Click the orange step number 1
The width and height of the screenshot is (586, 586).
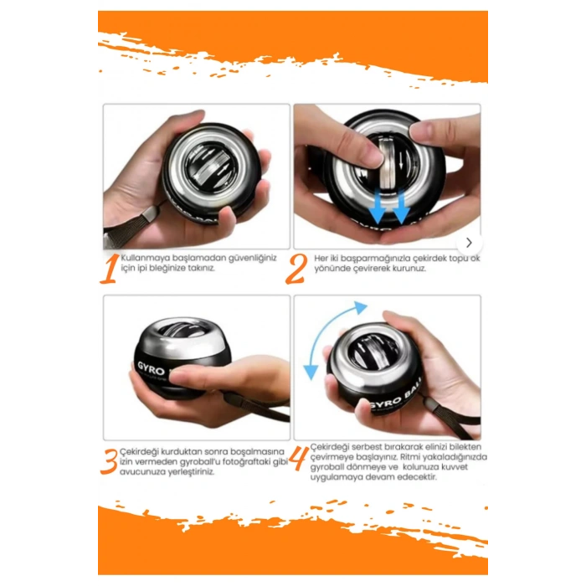click(110, 269)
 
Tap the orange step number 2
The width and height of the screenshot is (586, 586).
click(296, 269)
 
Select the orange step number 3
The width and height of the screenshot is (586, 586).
click(109, 462)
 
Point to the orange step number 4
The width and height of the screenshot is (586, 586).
click(299, 458)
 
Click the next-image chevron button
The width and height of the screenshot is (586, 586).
click(469, 243)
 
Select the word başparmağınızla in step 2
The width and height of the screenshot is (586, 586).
click(376, 259)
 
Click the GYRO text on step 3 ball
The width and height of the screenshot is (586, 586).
click(152, 368)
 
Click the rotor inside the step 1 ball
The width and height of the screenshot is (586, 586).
click(208, 165)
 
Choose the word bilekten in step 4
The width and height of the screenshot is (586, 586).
click(465, 446)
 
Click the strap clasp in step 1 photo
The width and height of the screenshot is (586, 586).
click(150, 214)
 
